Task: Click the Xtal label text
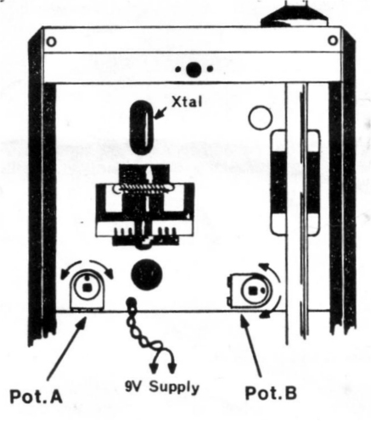187,102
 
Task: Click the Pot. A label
36,396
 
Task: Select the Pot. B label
271,393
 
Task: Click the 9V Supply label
162,386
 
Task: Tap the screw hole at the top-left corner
51,42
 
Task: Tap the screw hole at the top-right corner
333,40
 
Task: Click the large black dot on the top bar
194,69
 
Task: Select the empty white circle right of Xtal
260,118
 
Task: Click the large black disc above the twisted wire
147,274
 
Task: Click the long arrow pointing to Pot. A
67,349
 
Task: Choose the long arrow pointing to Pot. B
250,346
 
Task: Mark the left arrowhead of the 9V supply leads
154,368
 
